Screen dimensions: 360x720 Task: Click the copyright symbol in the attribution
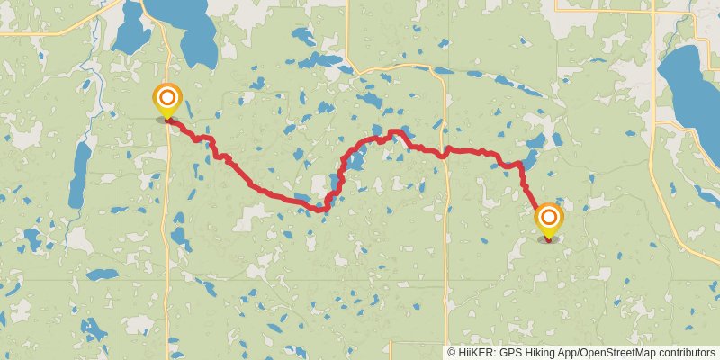tap(452, 353)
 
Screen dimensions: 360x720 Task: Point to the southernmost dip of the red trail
tap(319, 211)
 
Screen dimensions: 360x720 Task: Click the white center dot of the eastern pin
tap(549, 216)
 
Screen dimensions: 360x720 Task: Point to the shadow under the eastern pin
tap(548, 239)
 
